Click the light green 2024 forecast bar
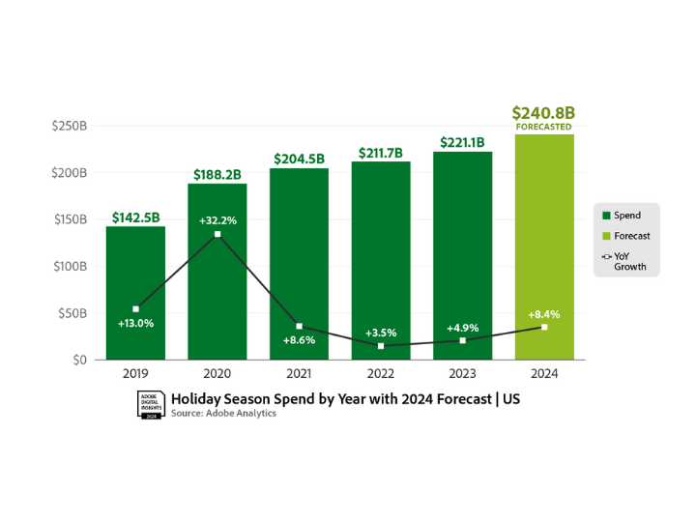(x=544, y=246)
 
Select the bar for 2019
(x=135, y=290)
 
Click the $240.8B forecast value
(x=543, y=112)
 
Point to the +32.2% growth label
(x=217, y=220)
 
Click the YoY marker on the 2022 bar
(x=381, y=346)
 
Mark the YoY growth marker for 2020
(x=217, y=235)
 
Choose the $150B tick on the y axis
(x=70, y=219)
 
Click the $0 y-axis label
(x=78, y=360)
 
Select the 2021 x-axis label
(x=299, y=373)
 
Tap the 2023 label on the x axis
(x=462, y=373)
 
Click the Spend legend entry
(x=626, y=216)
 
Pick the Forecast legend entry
(x=631, y=236)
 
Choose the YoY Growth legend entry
(x=629, y=261)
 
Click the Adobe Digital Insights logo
(x=150, y=405)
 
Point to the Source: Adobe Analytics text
(x=223, y=414)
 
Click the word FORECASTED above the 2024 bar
(x=543, y=127)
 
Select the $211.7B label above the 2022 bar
(x=381, y=152)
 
